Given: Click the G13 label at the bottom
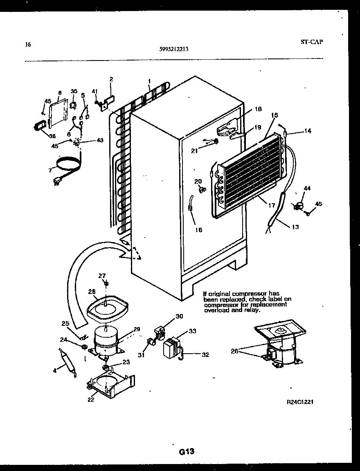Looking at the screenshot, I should pyautogui.click(x=186, y=452).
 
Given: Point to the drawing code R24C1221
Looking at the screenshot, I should pyautogui.click(x=300, y=402).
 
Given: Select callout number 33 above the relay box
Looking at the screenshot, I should pyautogui.click(x=192, y=331).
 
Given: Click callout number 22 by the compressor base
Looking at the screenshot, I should pyautogui.click(x=91, y=399).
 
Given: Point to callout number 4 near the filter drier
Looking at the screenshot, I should pyautogui.click(x=54, y=370).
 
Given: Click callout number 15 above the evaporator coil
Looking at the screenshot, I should pyautogui.click(x=273, y=116).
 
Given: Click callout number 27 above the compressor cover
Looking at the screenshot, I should pyautogui.click(x=102, y=276).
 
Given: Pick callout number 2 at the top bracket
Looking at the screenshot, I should pyautogui.click(x=111, y=79).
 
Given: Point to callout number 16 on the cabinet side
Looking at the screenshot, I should pyautogui.click(x=198, y=230).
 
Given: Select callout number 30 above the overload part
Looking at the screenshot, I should pyautogui.click(x=179, y=316).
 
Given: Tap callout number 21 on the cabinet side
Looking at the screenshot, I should pyautogui.click(x=194, y=151).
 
